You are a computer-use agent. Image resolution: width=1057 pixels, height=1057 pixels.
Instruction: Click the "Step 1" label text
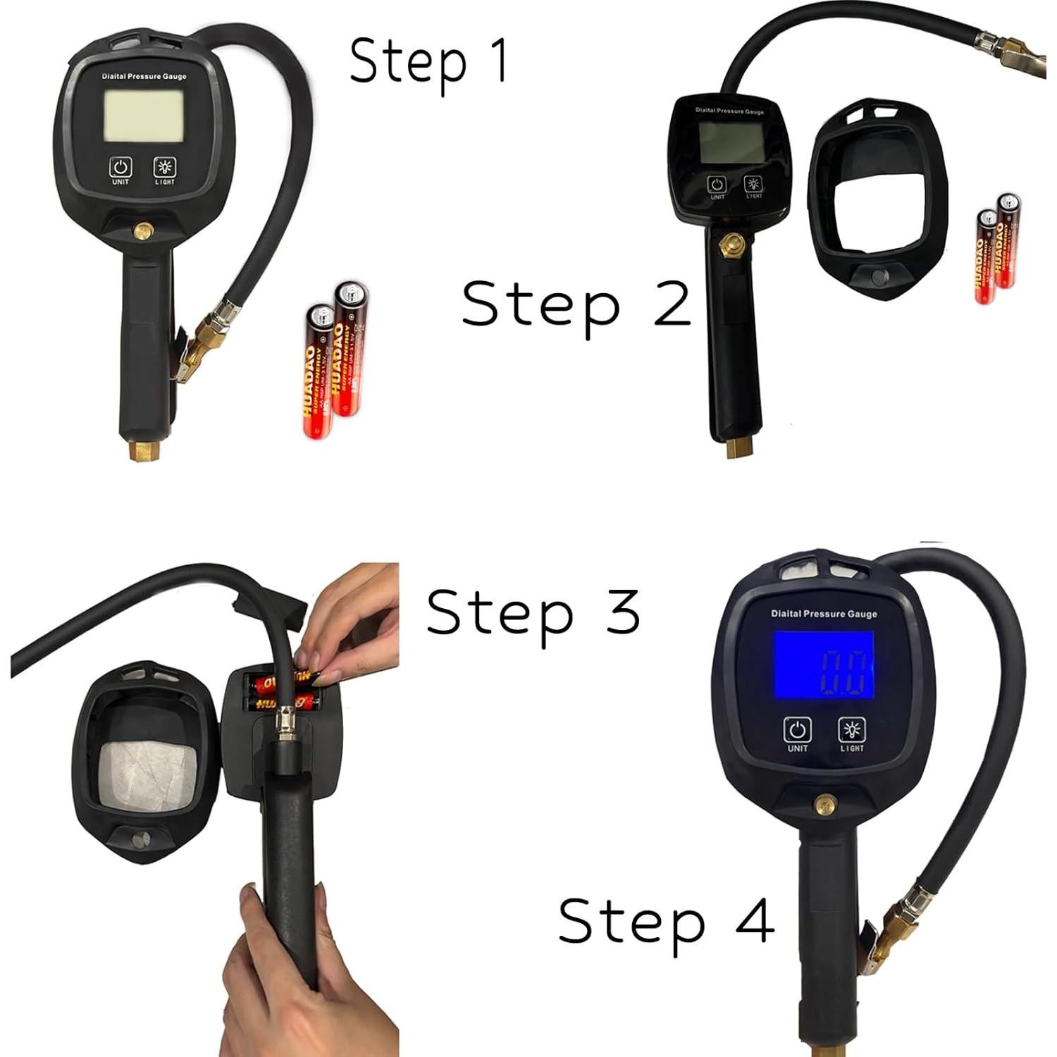(x=428, y=61)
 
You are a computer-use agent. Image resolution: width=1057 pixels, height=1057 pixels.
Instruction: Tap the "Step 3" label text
(x=533, y=612)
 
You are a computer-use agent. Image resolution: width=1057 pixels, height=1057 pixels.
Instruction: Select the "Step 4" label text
(x=666, y=921)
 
